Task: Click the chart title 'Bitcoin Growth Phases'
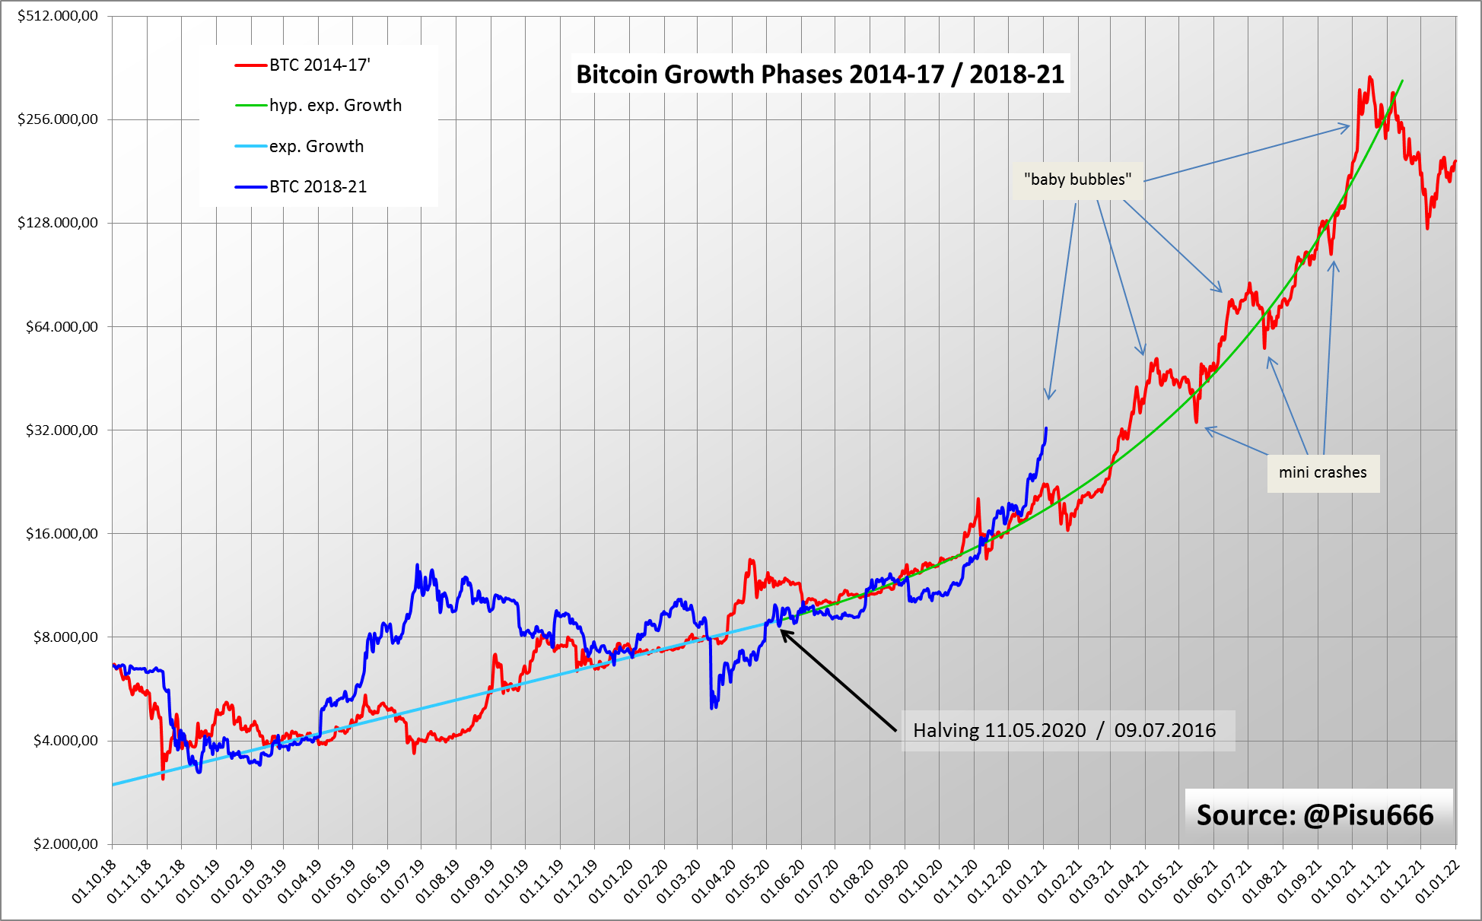pos(820,74)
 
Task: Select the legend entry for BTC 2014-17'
pos(320,65)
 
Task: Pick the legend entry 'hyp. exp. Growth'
pos(335,106)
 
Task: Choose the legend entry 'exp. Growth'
pos(316,146)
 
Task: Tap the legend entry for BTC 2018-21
pos(318,187)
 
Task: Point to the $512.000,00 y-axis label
pos(58,16)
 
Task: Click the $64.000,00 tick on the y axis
pos(62,327)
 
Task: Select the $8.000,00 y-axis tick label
pos(65,637)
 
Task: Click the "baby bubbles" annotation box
pos(1077,180)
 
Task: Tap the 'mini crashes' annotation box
pos(1322,472)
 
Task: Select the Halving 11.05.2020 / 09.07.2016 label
pos(1064,731)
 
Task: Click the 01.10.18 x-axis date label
pos(95,881)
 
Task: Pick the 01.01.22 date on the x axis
pos(1437,881)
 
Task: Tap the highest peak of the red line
pos(1370,77)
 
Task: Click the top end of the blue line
pos(1046,428)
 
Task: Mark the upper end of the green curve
pos(1402,81)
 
